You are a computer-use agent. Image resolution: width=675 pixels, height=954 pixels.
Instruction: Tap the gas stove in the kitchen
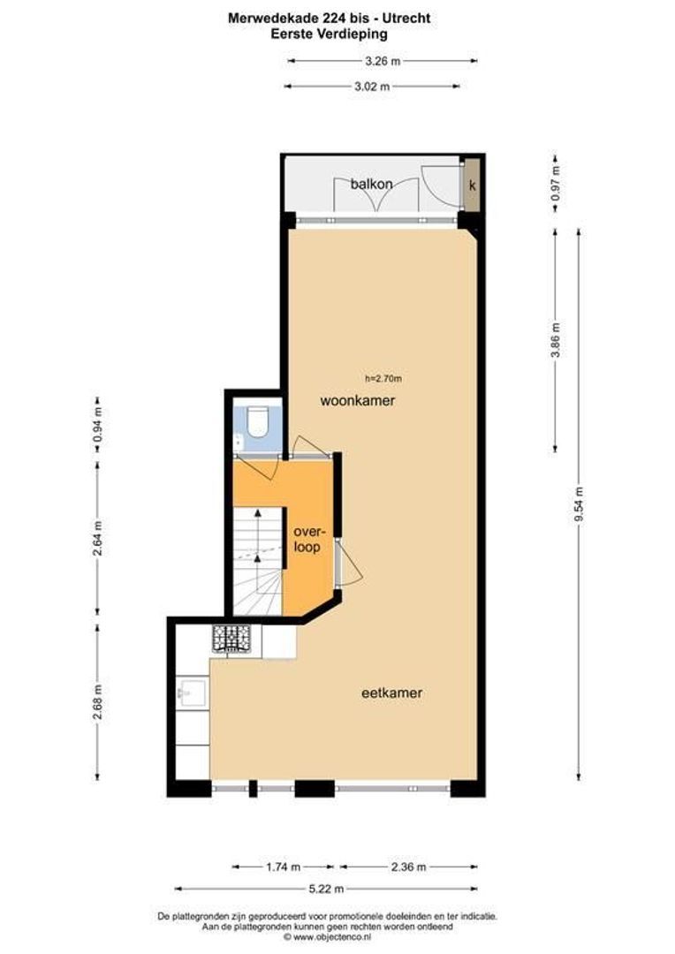(231, 640)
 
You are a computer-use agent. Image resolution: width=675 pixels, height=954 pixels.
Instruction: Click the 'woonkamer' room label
(357, 401)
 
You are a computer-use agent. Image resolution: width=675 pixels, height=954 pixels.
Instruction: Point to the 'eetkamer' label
(391, 693)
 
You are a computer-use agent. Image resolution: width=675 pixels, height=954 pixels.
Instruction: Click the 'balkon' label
(371, 184)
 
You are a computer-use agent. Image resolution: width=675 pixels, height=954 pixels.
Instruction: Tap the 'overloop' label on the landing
(307, 539)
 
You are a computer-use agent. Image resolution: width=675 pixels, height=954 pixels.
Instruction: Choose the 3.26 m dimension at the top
(382, 61)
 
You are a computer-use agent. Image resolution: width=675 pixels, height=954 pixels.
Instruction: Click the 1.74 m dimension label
(283, 867)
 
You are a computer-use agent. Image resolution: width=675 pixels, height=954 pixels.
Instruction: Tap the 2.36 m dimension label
(407, 867)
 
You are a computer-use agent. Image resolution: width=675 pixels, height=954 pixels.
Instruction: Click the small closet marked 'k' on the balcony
(473, 185)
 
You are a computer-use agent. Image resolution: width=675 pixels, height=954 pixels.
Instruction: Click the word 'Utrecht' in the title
(409, 18)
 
